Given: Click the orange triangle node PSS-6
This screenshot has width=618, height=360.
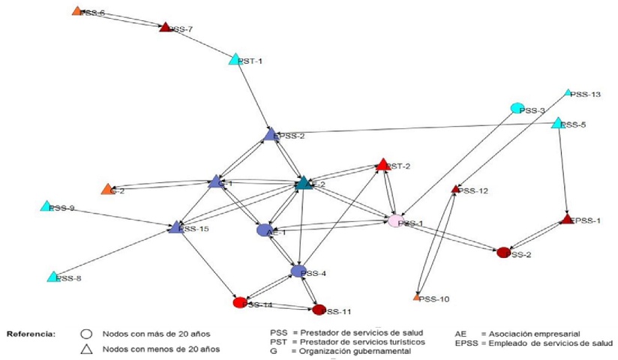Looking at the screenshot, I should pos(76,11).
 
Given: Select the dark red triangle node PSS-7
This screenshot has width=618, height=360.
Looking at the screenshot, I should pos(165,28).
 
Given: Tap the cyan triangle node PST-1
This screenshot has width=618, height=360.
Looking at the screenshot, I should pos(234,59).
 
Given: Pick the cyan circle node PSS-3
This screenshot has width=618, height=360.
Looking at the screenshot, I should pos(516,108).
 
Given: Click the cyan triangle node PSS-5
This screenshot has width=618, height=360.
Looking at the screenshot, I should pos(557,122).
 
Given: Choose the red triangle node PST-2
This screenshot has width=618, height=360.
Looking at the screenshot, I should pos(382,164).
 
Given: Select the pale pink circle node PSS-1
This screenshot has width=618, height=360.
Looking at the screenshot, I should pos(395,222).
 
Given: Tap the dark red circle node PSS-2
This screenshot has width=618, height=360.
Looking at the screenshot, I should pos(503,253).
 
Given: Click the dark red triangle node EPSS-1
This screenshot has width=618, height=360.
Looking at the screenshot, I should pos(567,220).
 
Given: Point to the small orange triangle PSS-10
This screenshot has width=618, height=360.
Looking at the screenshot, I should pos(416,298).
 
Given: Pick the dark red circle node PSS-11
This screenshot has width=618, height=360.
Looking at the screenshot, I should pos(319,309).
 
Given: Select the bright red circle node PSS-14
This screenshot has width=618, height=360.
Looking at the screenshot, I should pos(240,303).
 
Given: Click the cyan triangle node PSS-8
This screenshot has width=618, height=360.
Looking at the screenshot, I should pos(53,277).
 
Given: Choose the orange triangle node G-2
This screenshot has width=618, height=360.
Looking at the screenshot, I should pos(107,189).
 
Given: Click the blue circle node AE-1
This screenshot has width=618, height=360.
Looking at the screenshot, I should pos(263,230).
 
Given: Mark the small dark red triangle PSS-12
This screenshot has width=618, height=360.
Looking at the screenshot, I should pos(454,190).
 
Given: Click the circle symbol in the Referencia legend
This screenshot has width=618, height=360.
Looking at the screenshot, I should pos(88,332).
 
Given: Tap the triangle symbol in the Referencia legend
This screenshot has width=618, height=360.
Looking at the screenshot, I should pos(88,347).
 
